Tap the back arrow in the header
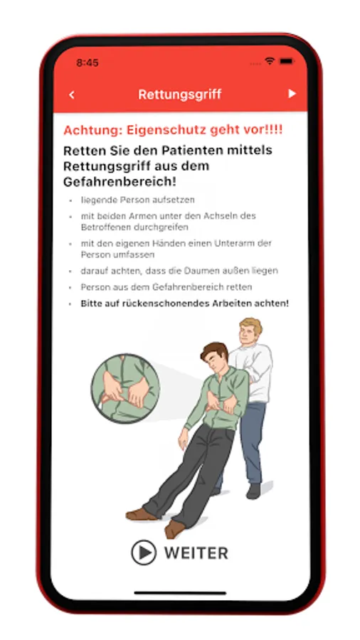[x=72, y=95]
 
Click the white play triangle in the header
[x=292, y=94]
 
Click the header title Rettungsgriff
[x=179, y=95]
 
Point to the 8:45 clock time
[x=88, y=63]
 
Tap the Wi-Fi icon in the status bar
[x=270, y=61]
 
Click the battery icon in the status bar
[x=287, y=61]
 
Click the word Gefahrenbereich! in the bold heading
[x=120, y=181]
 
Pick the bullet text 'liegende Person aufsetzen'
[x=137, y=200]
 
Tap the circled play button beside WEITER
[x=144, y=553]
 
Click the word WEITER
[x=196, y=553]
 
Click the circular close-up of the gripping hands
[x=125, y=388]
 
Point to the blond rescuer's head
[x=250, y=330]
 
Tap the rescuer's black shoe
[x=253, y=491]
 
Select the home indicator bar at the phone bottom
[x=180, y=592]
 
